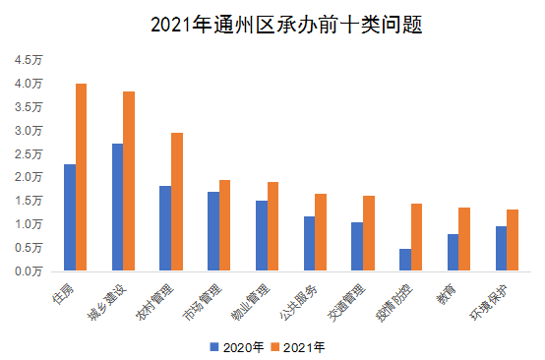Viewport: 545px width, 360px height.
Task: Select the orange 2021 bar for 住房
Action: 82,177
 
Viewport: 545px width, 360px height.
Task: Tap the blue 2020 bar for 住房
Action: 70,216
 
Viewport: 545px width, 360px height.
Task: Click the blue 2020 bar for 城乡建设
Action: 117,207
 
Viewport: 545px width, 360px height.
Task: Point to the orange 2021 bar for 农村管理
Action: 177,202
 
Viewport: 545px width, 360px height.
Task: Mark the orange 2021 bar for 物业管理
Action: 272,226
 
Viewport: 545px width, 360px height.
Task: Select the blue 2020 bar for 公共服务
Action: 309,243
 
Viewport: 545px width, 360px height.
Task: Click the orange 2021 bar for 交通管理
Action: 369,233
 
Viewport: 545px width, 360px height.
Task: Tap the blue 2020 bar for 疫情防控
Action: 404,260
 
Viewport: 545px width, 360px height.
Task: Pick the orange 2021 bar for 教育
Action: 464,239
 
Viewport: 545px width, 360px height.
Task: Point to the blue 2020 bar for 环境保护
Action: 501,248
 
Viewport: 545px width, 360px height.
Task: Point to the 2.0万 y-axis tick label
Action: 29,177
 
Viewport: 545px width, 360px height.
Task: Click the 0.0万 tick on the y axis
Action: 29,270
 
